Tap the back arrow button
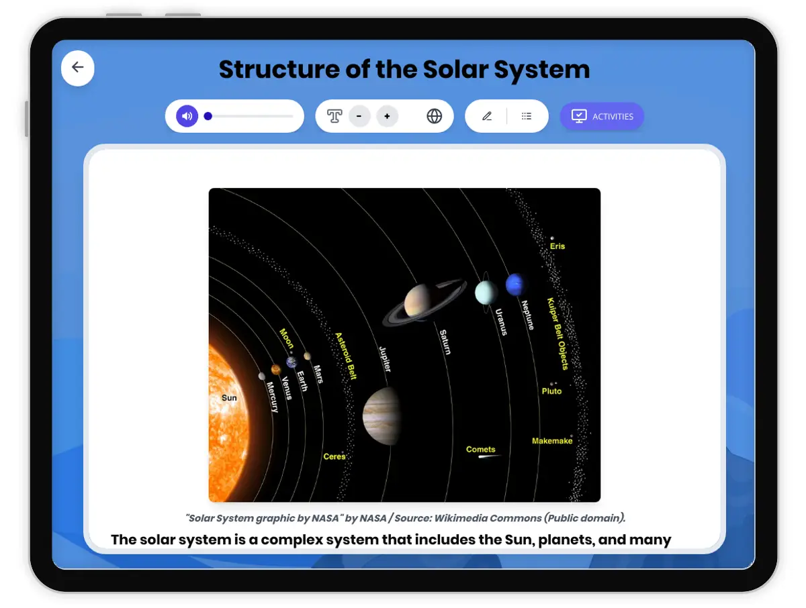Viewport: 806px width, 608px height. click(77, 68)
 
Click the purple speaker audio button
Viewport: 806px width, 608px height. click(187, 116)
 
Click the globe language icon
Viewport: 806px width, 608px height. click(434, 116)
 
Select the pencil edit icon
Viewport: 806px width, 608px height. click(487, 116)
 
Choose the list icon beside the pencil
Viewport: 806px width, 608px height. click(526, 116)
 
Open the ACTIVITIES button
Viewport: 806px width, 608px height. click(601, 116)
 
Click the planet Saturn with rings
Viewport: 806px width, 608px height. click(424, 301)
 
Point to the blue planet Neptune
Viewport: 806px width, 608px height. click(516, 284)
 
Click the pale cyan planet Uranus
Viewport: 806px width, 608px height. click(486, 293)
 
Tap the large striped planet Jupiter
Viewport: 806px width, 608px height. click(381, 416)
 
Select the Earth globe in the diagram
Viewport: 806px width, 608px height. click(292, 362)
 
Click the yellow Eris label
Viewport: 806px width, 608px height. click(557, 246)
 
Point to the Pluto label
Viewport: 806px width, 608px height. click(551, 391)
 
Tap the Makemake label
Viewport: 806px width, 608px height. click(552, 441)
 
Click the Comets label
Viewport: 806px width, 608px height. click(480, 449)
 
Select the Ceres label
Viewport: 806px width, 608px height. click(334, 456)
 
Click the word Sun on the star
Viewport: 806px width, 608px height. click(229, 398)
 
